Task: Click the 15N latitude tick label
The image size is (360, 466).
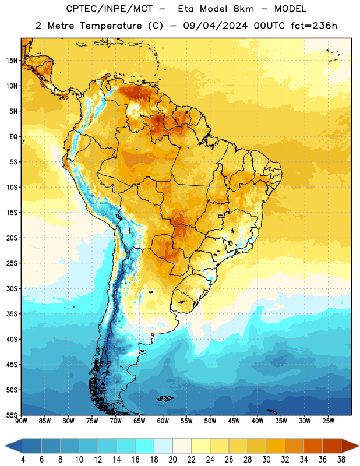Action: click(x=12, y=61)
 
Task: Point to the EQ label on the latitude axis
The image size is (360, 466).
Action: click(x=13, y=137)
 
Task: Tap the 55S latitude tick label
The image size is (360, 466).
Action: click(x=12, y=415)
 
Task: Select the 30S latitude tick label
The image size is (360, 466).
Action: click(x=12, y=288)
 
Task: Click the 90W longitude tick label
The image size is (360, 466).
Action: click(x=21, y=421)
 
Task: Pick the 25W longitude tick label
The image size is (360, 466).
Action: click(x=328, y=421)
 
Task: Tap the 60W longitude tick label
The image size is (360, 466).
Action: click(x=163, y=421)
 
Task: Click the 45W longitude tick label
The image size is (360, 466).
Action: click(x=234, y=421)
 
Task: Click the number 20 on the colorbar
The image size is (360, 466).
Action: click(x=172, y=460)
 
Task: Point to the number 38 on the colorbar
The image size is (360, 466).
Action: click(x=341, y=460)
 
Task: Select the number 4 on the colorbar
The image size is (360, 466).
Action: click(x=23, y=460)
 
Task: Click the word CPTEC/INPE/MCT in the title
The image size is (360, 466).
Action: click(x=110, y=9)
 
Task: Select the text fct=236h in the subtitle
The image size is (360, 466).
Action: click(x=314, y=26)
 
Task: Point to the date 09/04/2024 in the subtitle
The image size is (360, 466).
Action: click(x=216, y=26)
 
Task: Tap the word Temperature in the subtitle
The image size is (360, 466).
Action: click(x=111, y=26)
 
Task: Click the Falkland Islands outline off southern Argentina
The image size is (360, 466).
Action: click(x=165, y=398)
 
